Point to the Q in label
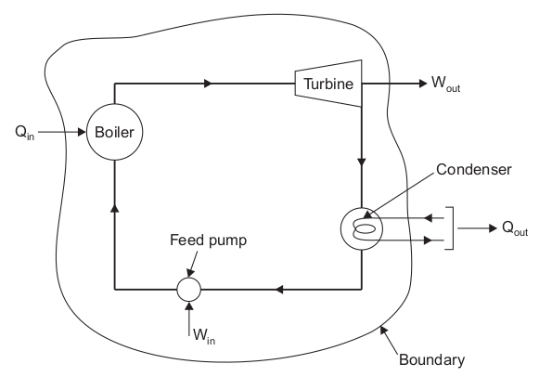click(x=25, y=133)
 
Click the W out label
click(x=445, y=84)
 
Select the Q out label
click(x=515, y=228)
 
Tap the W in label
click(x=204, y=336)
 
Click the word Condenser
click(x=474, y=170)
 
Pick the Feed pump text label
click(x=209, y=240)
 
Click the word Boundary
click(x=432, y=359)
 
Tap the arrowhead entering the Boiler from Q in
click(x=82, y=132)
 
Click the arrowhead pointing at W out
click(x=423, y=84)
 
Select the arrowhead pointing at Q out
click(x=493, y=228)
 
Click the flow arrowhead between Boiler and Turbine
click(x=209, y=84)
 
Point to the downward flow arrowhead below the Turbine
click(x=362, y=162)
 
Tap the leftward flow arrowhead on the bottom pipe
click(x=279, y=290)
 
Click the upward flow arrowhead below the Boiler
click(x=115, y=209)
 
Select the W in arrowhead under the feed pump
click(x=189, y=305)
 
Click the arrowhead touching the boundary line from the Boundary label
click(x=383, y=331)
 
